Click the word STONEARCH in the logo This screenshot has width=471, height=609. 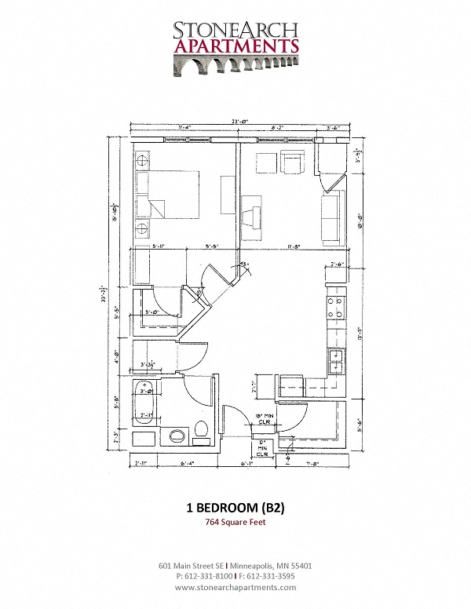click(235, 30)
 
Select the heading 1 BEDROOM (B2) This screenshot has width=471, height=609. click(235, 508)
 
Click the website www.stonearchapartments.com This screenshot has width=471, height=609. click(235, 587)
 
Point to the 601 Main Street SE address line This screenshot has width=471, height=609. click(235, 565)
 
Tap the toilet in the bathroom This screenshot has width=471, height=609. click(199, 431)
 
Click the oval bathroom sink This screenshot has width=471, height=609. click(177, 434)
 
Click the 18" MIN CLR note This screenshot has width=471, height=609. click(265, 418)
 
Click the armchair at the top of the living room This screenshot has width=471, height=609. click(294, 162)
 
